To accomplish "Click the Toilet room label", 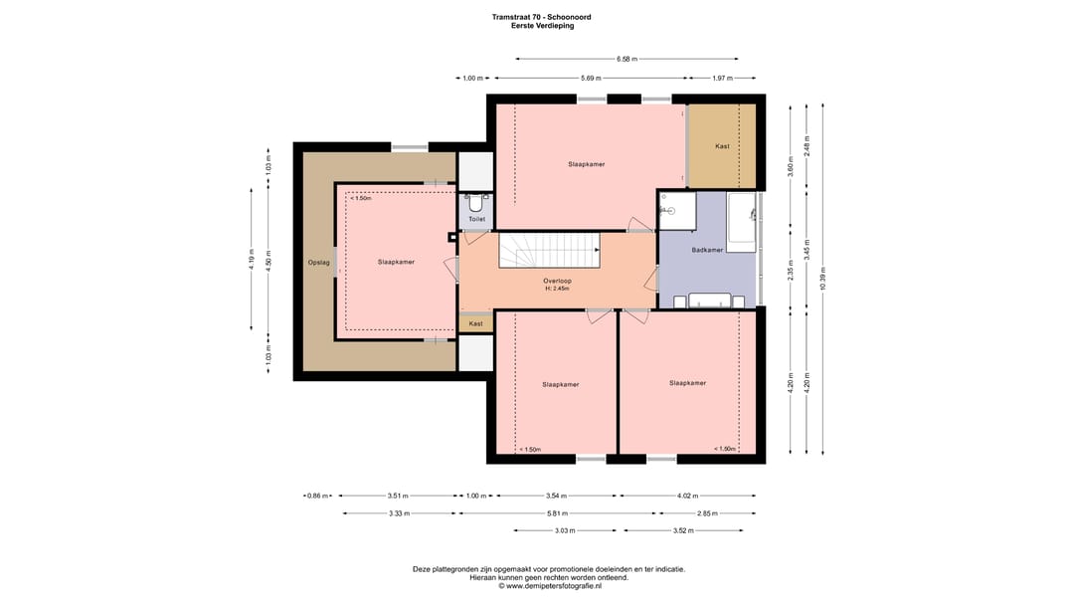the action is click(476, 219).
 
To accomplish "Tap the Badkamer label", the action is click(707, 250).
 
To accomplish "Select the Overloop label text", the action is click(557, 281).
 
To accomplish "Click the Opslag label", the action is click(318, 263).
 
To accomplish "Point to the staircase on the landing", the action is click(549, 250).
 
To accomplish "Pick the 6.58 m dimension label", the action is click(626, 59).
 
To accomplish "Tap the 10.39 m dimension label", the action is click(822, 279).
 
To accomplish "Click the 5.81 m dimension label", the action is click(557, 512).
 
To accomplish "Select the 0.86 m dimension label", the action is click(318, 496).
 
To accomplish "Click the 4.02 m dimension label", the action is click(687, 496).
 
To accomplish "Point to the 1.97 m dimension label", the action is click(722, 79).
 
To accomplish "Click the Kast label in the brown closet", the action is click(722, 146).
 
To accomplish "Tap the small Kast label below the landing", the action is click(475, 323).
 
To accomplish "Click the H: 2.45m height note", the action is click(557, 289).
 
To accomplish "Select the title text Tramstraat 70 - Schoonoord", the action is click(541, 17).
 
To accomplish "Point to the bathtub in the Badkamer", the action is click(741, 223).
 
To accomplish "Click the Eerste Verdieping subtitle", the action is click(543, 26).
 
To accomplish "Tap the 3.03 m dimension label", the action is click(565, 530).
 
